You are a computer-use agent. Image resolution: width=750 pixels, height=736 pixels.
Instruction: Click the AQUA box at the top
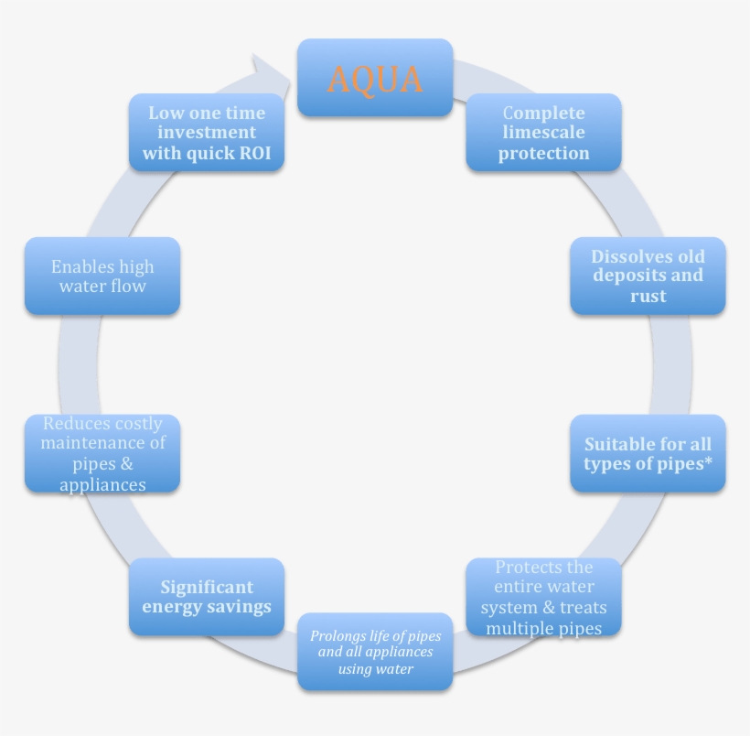click(375, 78)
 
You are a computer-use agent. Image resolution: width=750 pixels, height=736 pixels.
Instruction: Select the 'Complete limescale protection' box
click(543, 133)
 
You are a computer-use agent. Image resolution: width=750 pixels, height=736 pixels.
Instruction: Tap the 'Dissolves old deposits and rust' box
click(648, 276)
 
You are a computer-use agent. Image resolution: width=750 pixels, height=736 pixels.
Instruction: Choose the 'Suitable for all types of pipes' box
click(648, 453)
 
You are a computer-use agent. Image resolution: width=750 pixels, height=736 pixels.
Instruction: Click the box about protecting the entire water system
click(543, 598)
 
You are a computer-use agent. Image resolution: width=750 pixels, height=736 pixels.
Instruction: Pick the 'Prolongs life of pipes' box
click(375, 652)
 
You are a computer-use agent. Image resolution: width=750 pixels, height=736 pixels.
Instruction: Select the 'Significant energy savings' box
click(207, 597)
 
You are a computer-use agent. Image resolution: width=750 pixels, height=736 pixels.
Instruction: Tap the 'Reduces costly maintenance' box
click(102, 453)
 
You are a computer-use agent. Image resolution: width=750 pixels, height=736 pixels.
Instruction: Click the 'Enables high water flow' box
click(102, 276)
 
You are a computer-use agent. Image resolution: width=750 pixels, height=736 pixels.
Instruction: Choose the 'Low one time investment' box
click(207, 133)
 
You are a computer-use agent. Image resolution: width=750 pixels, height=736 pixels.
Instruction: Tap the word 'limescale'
click(543, 133)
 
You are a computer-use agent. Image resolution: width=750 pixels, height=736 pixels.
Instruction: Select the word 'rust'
click(648, 297)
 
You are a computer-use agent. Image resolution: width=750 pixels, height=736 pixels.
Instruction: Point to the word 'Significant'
click(207, 587)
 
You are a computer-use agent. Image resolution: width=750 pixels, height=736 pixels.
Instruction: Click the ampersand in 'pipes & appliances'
click(126, 464)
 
